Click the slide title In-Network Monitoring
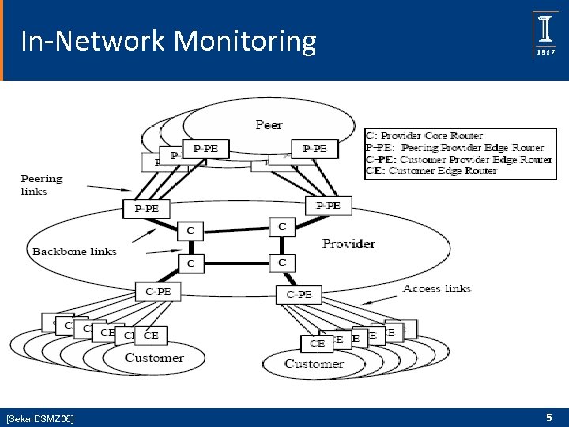pos(168,40)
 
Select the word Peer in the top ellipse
pos(269,124)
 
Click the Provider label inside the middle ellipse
pos(349,244)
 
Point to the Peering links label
pos(41,185)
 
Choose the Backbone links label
pos(74,251)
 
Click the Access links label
pos(436,288)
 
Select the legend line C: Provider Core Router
pos(424,135)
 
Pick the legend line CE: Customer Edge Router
pos(431,170)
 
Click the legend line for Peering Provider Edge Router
pos(454,147)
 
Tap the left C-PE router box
pos(158,292)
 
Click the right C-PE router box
pos(299,294)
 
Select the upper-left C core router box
pos(190,230)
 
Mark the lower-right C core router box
pos(282,262)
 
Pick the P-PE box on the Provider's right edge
pos(328,206)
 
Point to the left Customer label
pos(154,357)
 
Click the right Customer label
pos(314,364)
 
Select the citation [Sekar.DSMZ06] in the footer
pos(40,418)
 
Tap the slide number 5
pos(548,417)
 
